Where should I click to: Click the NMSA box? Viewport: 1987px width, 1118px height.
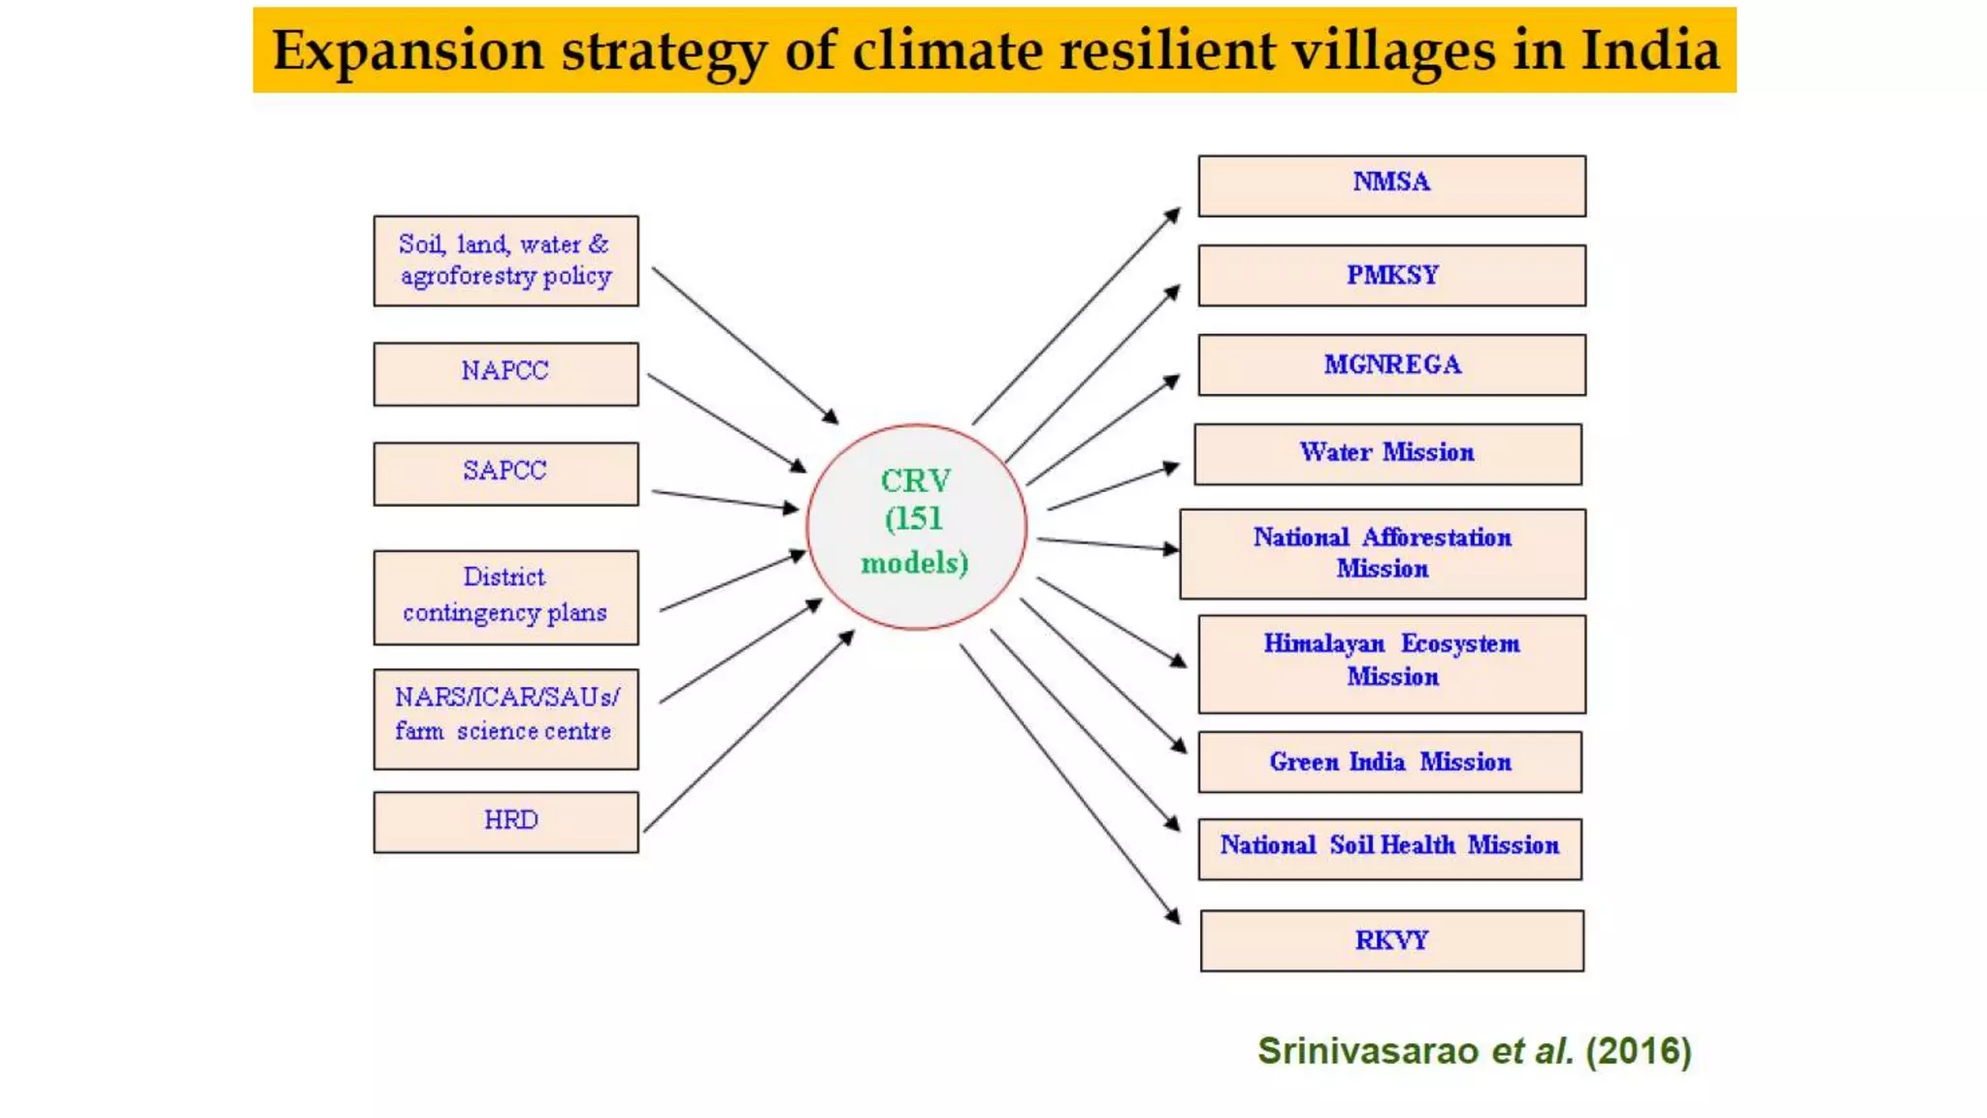[x=1391, y=185]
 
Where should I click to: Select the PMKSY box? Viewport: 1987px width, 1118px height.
[x=1391, y=276]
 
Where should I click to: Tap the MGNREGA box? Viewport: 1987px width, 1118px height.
[x=1391, y=365]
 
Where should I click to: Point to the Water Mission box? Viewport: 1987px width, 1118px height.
[x=1387, y=453]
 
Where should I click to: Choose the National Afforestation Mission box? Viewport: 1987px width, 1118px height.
[x=1383, y=553]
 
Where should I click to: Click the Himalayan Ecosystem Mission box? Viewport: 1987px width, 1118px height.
[x=1391, y=664]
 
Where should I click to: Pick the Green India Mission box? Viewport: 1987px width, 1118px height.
[x=1389, y=762]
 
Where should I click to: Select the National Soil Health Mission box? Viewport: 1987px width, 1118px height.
[x=1389, y=848]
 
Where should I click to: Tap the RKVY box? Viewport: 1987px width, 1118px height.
[x=1391, y=940]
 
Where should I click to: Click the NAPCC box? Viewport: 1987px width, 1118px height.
[x=505, y=374]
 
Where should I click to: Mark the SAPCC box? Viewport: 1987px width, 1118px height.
[x=505, y=474]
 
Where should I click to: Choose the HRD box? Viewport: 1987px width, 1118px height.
[x=505, y=822]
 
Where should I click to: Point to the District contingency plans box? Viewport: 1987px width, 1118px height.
[x=505, y=597]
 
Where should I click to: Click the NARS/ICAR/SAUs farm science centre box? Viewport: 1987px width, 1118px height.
[x=505, y=718]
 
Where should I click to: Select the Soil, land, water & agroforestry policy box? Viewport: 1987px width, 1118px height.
[x=505, y=260]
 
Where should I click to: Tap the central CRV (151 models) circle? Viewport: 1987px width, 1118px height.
[x=915, y=526]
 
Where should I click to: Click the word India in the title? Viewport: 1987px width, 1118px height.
[x=1649, y=50]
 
